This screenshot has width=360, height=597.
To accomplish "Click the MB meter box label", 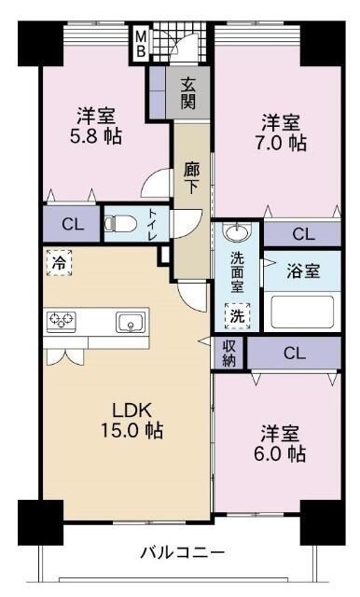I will pyautogui.click(x=141, y=43).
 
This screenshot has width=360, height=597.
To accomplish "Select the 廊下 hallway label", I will pyautogui.click(x=191, y=179).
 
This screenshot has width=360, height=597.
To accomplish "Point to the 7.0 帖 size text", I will pyautogui.click(x=284, y=144).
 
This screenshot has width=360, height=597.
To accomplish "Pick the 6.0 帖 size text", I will pyautogui.click(x=284, y=454).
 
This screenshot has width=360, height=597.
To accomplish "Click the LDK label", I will pyautogui.click(x=132, y=410).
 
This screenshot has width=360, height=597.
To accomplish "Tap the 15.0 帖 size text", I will pyautogui.click(x=132, y=431).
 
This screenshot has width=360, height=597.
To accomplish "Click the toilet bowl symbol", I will pyautogui.click(x=116, y=224).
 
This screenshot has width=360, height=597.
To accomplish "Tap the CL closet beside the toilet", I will pyautogui.click(x=72, y=224).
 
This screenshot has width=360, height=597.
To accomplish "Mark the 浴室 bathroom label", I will pyautogui.click(x=304, y=271).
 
